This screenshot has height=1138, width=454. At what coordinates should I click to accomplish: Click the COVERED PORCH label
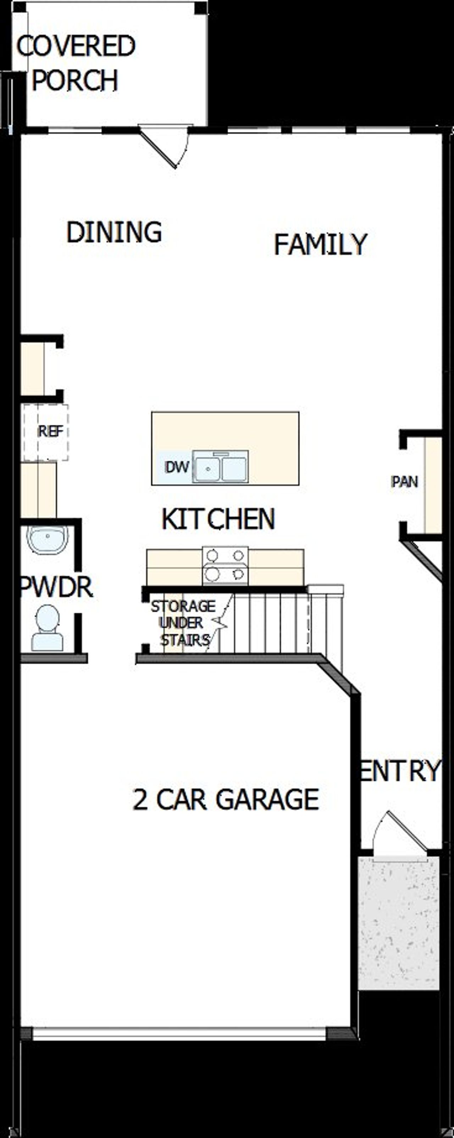(75, 63)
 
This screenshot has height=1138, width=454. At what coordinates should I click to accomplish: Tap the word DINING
(114, 232)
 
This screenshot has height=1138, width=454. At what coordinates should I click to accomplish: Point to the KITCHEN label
(218, 519)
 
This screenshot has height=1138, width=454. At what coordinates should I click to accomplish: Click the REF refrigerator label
(50, 431)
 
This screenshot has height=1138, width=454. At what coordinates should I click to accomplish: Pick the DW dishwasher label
(176, 467)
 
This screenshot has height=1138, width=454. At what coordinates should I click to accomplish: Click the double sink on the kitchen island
(221, 467)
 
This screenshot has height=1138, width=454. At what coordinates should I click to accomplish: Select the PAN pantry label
(404, 481)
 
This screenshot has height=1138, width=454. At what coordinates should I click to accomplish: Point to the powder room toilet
(47, 628)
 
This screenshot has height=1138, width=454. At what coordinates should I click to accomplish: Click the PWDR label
(57, 587)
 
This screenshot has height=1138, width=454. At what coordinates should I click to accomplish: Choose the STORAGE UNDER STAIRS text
(183, 623)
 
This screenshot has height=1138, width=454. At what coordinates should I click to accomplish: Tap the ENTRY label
(400, 771)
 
